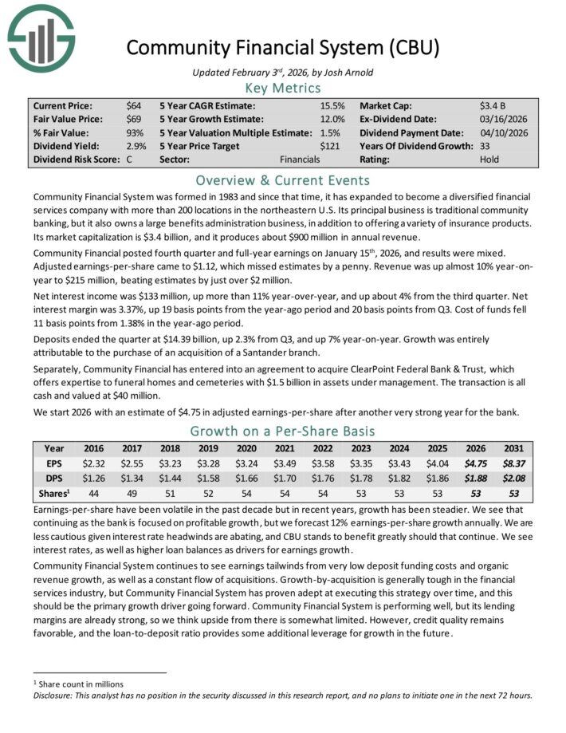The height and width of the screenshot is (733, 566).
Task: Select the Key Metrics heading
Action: [282, 88]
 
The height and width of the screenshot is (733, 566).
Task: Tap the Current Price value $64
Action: [133, 105]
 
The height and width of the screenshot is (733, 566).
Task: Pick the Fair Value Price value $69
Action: [133, 119]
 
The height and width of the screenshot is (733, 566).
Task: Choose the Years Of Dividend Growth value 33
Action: [485, 146]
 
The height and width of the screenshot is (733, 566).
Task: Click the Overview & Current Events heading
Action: [282, 179]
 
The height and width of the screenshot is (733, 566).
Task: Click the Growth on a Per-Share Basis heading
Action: [282, 432]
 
